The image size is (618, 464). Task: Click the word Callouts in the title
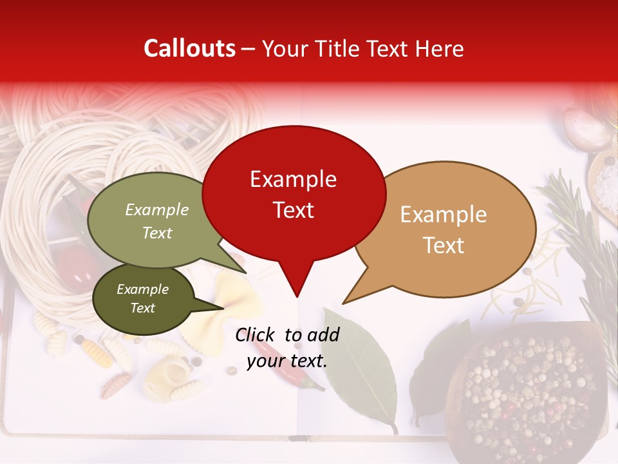click(x=189, y=48)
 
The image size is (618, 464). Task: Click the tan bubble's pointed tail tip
click(x=344, y=303)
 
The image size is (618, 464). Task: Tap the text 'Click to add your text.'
click(x=287, y=347)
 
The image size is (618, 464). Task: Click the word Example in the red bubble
click(x=293, y=179)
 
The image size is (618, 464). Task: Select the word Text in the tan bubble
click(x=444, y=246)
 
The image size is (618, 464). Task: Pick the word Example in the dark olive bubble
click(x=142, y=289)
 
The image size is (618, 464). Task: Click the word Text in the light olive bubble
click(x=157, y=233)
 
